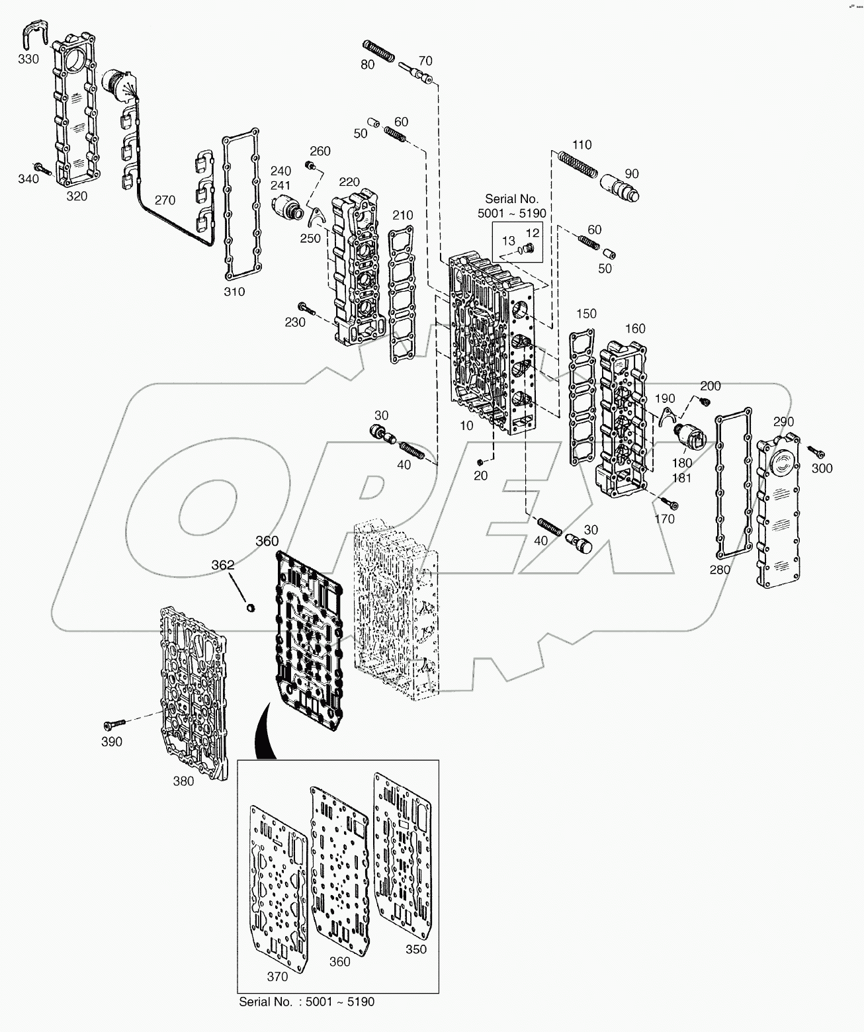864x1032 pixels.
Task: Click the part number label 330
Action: coord(28,59)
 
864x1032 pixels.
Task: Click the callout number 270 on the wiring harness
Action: coord(165,200)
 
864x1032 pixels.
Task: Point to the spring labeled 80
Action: coord(379,50)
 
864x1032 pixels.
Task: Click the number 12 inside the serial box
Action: coord(533,233)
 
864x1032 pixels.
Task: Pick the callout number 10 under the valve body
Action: coord(467,426)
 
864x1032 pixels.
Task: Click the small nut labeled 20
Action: coord(481,461)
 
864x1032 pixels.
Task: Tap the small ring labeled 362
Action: coord(251,607)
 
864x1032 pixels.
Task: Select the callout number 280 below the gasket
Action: coord(720,570)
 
